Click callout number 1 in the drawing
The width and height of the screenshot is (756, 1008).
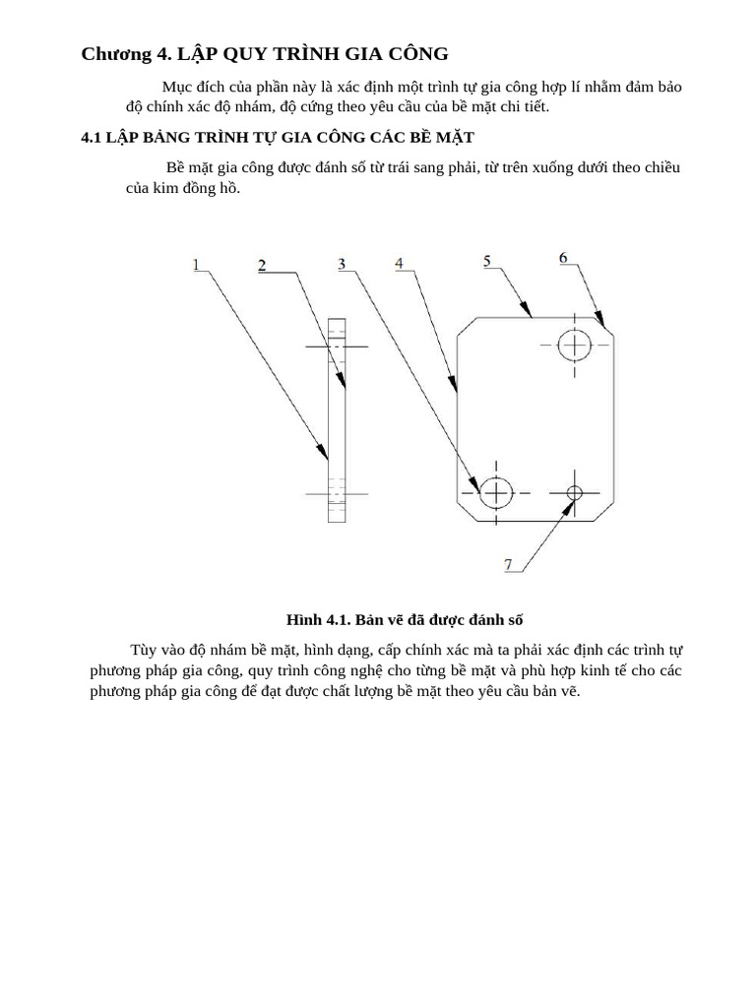coord(197,264)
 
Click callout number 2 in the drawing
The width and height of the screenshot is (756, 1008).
coord(262,265)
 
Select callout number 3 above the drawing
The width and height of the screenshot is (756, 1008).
coord(341,264)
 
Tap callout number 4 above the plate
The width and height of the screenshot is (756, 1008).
coord(399,263)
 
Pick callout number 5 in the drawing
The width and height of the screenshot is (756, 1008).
coord(487,260)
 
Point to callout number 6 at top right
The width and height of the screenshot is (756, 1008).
coord(563,258)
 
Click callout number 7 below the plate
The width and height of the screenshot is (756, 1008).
coord(508,564)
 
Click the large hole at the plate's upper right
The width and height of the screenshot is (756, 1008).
coord(574,346)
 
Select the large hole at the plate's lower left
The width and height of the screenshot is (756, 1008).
coord(497,491)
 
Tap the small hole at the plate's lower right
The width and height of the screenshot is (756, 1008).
coord(575,491)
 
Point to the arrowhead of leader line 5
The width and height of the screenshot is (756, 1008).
coord(529,313)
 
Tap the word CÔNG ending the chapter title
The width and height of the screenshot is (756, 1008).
coord(420,54)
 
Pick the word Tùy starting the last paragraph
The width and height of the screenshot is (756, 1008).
coord(144,650)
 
